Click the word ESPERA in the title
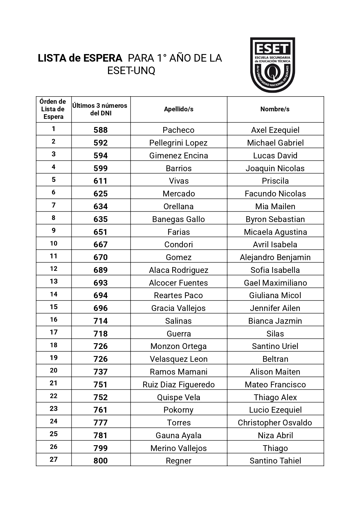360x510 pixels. point(103,58)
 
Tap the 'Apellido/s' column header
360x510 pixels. point(179,109)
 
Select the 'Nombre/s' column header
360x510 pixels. point(275,109)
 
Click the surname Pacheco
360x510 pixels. point(179,130)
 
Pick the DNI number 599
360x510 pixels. point(100,168)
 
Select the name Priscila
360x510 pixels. point(275,181)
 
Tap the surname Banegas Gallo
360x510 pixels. point(179,219)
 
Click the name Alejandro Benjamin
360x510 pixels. point(275,257)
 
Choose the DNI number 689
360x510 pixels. point(100,270)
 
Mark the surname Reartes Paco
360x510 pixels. point(179,295)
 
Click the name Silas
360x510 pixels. point(275,334)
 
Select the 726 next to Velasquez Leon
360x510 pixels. point(100,359)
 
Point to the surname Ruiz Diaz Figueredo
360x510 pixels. point(179,384)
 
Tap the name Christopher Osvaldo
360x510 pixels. point(275,423)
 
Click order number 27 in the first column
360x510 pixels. point(54,459)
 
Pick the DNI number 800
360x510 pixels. point(100,461)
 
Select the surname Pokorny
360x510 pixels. point(179,410)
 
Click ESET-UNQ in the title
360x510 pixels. point(131,71)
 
